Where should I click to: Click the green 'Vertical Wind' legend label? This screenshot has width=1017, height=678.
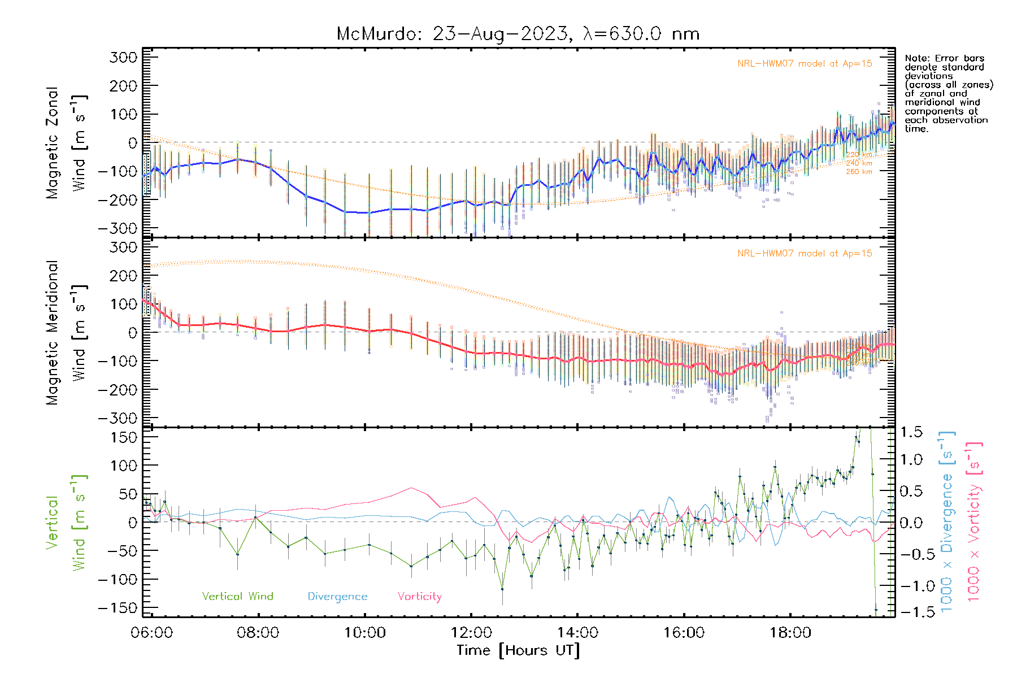(237, 596)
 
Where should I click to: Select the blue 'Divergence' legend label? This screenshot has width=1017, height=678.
(337, 596)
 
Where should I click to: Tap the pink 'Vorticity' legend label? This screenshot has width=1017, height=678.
(419, 596)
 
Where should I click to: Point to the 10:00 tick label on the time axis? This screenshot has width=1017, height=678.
(365, 633)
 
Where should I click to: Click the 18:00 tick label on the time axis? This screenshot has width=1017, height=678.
(790, 633)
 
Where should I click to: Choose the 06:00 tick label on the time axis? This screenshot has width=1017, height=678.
(152, 633)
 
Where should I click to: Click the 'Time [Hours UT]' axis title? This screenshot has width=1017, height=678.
(518, 650)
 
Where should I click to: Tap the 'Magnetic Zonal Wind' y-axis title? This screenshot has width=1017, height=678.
(66, 142)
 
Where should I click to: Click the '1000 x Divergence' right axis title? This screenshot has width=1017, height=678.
(946, 521)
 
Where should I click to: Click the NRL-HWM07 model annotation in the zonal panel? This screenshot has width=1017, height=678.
(805, 64)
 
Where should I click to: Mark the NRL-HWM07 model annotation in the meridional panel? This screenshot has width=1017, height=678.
(805, 254)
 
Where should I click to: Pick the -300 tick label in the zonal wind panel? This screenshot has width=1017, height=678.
(118, 228)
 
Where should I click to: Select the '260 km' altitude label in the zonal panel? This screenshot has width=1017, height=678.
(859, 172)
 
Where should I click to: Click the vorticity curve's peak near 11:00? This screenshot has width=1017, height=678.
(411, 488)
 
